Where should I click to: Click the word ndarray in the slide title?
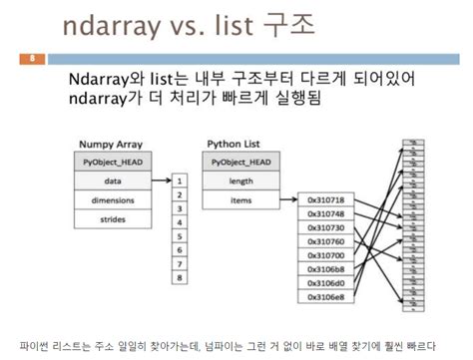(112, 26)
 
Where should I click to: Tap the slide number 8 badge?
(31, 57)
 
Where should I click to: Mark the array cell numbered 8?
(179, 278)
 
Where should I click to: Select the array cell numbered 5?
(179, 237)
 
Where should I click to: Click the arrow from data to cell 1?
(161, 181)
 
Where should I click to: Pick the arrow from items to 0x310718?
(289, 199)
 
